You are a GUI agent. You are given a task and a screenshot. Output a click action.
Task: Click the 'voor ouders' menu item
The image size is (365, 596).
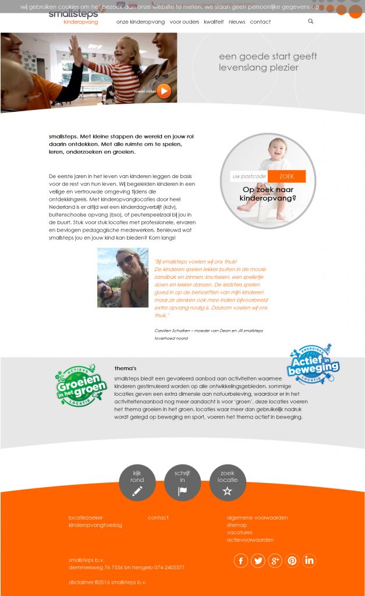[184, 22]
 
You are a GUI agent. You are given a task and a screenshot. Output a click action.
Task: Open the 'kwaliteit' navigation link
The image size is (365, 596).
[214, 22]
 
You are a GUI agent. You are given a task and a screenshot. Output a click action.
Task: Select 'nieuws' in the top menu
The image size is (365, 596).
[237, 22]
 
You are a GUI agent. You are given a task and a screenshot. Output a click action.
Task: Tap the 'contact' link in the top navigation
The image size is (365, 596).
[260, 22]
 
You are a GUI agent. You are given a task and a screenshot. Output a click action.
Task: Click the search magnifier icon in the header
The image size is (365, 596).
[311, 22]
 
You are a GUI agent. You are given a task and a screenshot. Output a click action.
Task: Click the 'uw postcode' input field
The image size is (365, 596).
[249, 176]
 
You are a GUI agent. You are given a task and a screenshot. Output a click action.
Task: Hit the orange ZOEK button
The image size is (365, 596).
[286, 176]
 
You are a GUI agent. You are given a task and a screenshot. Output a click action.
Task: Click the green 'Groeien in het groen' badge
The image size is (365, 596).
[80, 386]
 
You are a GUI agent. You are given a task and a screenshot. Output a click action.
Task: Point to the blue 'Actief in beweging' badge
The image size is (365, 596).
[313, 365]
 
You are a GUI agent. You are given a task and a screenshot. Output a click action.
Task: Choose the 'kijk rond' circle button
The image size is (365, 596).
[137, 483]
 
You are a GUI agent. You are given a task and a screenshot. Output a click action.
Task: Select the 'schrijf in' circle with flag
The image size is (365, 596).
[182, 483]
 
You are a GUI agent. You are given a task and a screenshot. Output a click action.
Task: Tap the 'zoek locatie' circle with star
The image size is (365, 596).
[228, 483]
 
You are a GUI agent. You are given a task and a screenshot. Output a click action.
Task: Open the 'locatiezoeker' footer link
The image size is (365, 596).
[86, 517]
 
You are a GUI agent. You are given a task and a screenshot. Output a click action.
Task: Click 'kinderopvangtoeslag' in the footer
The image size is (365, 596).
[95, 525]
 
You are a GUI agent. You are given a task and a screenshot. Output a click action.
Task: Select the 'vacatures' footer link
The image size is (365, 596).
[239, 533]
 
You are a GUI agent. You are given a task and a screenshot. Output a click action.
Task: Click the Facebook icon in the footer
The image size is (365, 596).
[240, 560]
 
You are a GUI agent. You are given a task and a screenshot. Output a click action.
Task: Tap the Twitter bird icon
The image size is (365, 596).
[257, 560]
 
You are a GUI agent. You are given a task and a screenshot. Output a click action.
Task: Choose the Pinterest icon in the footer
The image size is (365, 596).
[292, 560]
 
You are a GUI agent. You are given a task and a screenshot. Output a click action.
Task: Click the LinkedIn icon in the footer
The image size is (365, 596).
[309, 560]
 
